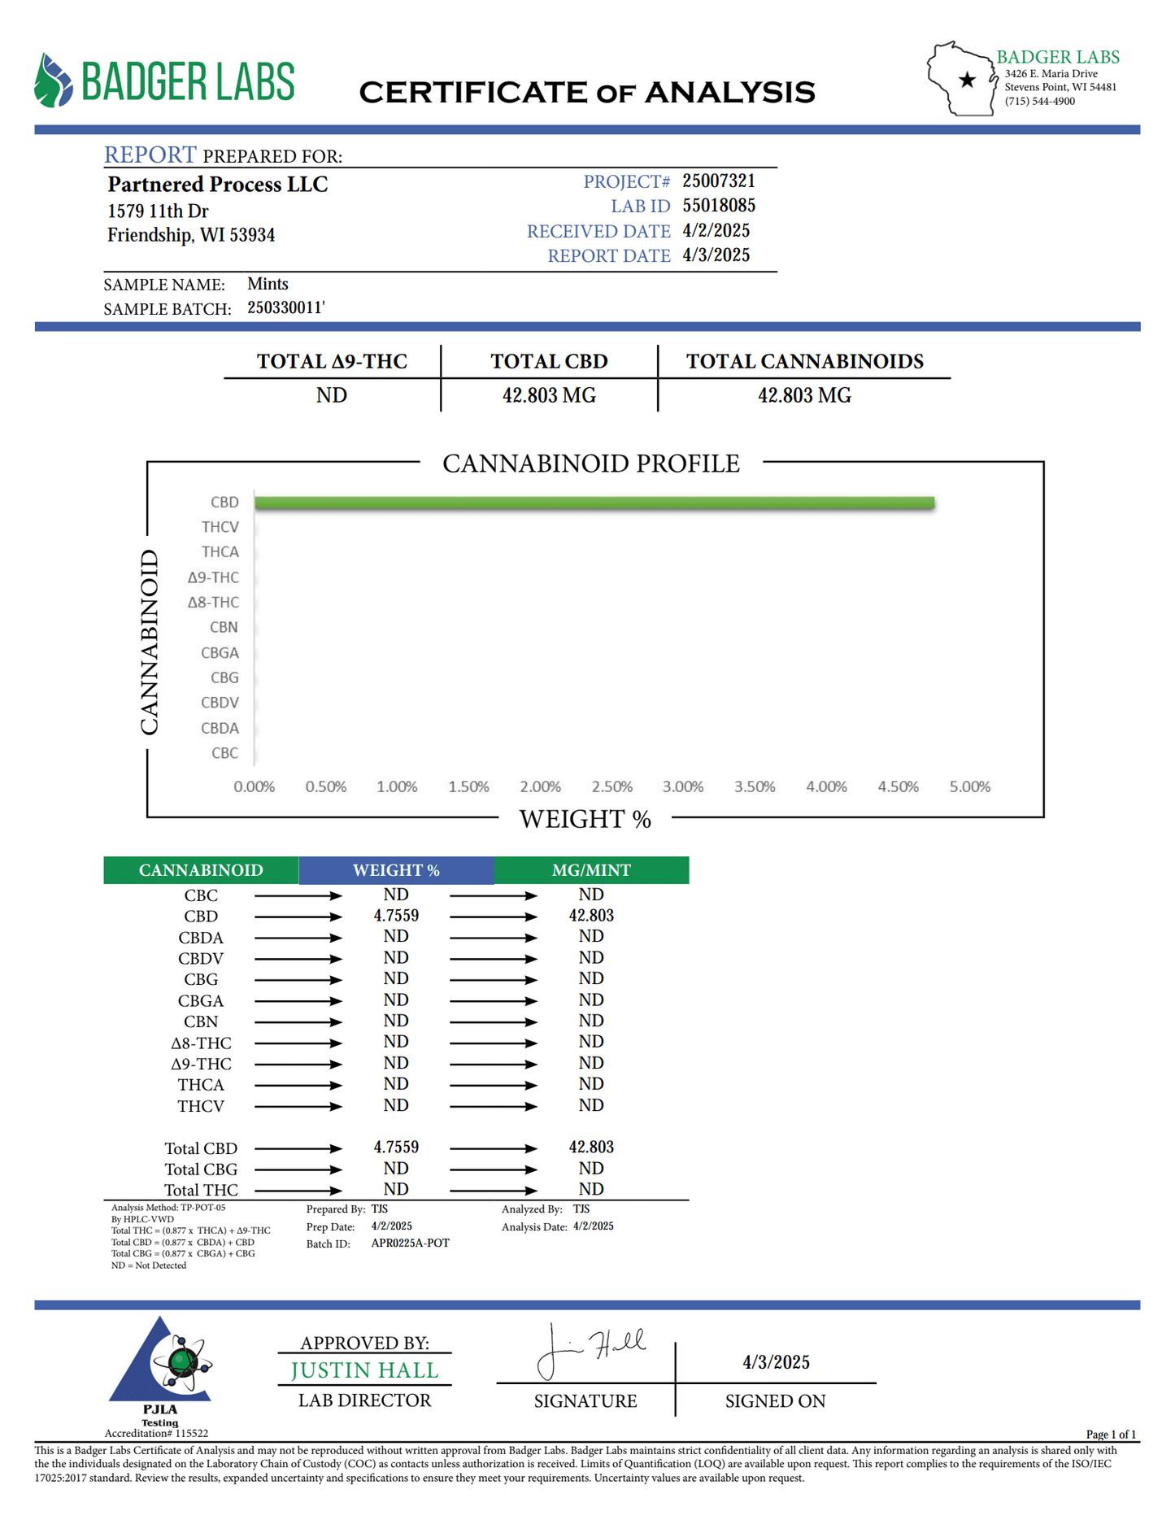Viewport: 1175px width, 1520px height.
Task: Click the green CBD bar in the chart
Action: (594, 503)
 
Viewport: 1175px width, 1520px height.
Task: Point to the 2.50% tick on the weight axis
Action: (611, 786)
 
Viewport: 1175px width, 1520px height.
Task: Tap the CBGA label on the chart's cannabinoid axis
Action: (220, 652)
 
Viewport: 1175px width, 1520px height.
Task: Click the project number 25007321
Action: (719, 181)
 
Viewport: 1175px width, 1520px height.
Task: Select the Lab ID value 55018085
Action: (719, 205)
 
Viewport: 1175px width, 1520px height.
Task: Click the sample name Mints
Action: (268, 284)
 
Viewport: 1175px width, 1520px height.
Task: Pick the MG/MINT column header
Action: (591, 870)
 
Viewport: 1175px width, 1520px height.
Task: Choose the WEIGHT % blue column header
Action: (396, 870)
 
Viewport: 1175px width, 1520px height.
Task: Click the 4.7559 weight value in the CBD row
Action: (396, 916)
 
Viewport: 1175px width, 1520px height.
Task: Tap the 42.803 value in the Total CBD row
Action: (591, 1147)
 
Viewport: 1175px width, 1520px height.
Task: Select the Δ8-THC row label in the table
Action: (201, 1043)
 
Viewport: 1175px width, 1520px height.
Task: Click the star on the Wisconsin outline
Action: (967, 80)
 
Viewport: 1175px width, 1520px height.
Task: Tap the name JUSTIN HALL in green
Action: (364, 1370)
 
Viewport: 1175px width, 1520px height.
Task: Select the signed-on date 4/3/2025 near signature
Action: (776, 1362)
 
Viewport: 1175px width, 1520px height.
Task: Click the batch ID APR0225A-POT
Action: (410, 1243)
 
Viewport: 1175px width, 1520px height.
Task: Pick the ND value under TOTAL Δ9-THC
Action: (332, 395)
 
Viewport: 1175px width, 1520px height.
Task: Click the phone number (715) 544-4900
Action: (1039, 102)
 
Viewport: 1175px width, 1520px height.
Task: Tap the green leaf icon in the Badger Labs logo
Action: (54, 81)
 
